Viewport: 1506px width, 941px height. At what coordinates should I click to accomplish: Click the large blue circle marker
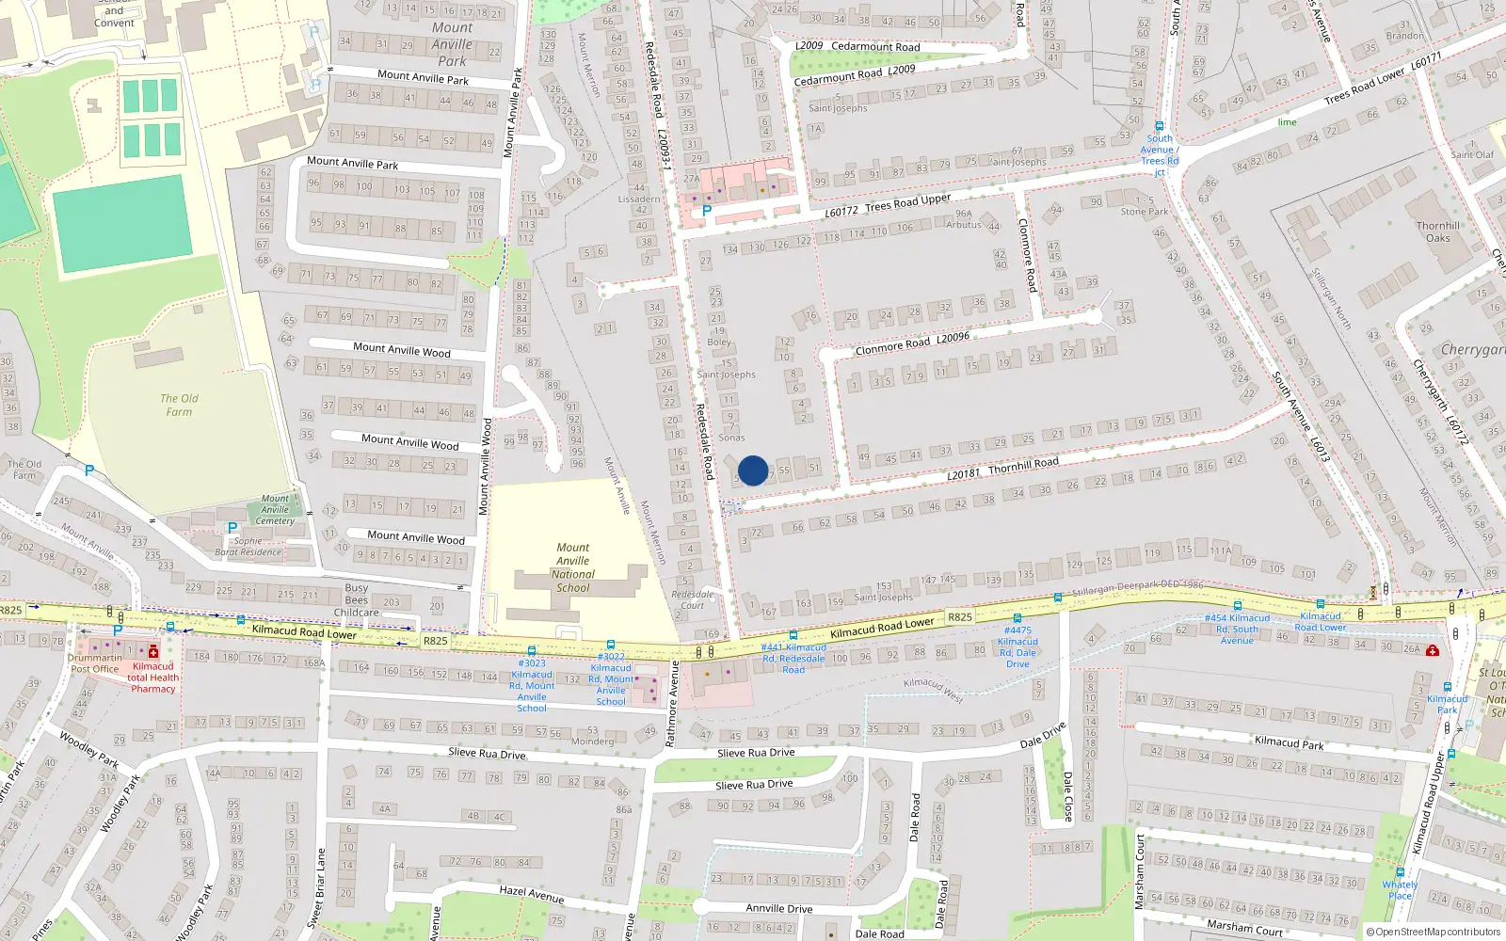pos(753,470)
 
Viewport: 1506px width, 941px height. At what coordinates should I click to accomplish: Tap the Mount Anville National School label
pos(572,567)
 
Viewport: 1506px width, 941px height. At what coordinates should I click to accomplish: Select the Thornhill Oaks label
pos(1438,231)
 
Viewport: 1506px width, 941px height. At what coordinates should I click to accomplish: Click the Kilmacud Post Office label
pos(94,669)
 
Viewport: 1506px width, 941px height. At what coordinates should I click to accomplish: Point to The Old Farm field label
pos(179,405)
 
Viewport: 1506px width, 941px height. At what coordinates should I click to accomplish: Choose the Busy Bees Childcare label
pos(356,600)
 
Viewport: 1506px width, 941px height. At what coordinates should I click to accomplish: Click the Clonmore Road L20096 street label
pos(912,343)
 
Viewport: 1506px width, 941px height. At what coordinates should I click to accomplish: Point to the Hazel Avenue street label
pos(532,895)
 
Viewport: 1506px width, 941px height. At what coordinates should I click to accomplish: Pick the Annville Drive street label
pos(779,908)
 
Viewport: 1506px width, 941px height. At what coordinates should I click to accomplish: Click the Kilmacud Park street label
pos(1290,742)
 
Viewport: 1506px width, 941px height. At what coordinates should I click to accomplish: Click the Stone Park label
pos(1145,212)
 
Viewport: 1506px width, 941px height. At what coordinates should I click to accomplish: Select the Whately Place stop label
pos(1400,890)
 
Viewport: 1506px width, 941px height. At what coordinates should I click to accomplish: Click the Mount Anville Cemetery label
pos(275,510)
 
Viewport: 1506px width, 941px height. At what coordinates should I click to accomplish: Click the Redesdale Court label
pos(693,599)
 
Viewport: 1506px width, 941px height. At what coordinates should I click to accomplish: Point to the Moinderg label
pos(592,742)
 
